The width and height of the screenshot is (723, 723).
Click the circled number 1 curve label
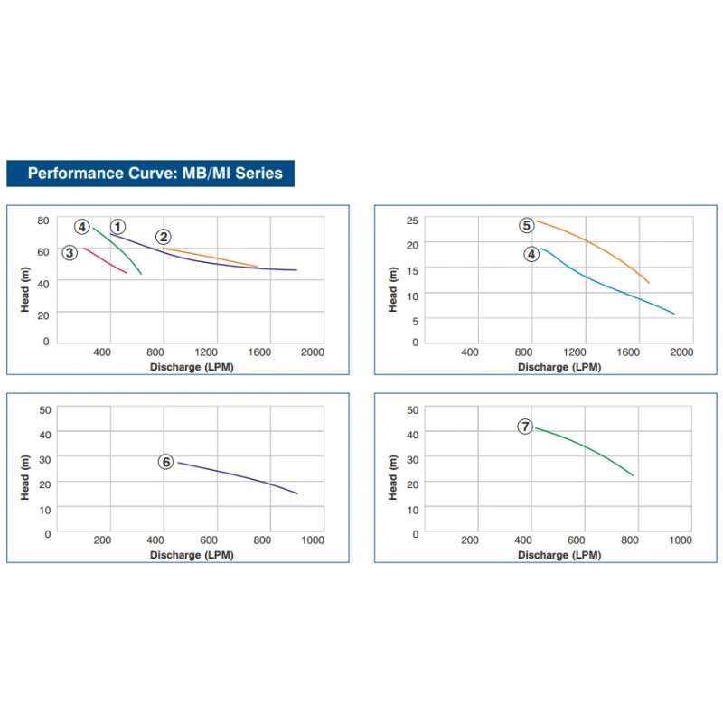[118, 227]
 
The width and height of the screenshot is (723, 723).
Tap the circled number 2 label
[163, 238]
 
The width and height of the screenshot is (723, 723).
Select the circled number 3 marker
[70, 252]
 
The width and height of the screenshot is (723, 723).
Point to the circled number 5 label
[526, 226]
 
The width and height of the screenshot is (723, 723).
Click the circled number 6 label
[165, 462]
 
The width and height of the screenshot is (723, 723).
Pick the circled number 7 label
[525, 427]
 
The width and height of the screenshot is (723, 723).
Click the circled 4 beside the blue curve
[531, 255]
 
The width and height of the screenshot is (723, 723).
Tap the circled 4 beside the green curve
[82, 227]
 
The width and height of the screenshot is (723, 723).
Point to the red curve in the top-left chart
[107, 261]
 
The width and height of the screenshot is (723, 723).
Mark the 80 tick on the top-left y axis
[43, 221]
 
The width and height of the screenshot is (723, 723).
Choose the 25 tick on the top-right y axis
[412, 221]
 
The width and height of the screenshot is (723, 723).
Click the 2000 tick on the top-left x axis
[312, 352]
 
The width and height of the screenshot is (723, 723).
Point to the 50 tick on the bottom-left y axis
[44, 410]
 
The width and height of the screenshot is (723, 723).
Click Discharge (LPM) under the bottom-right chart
[559, 555]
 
